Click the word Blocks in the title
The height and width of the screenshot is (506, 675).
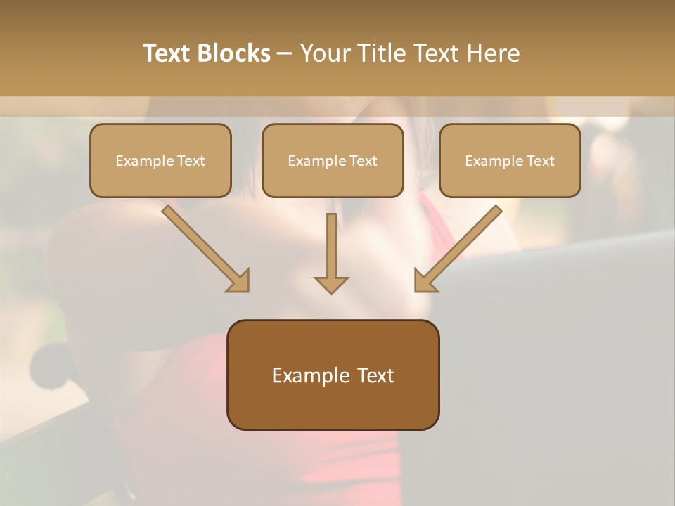point(233,53)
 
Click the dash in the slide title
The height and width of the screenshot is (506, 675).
point(285,54)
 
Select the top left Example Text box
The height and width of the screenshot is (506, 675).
point(160,161)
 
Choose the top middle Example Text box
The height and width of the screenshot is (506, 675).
point(333,161)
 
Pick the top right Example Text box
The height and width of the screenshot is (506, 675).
point(510,161)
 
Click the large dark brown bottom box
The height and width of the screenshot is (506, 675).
point(333,375)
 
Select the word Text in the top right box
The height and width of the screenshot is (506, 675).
point(541,161)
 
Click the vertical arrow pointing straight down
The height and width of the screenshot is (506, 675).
point(331,253)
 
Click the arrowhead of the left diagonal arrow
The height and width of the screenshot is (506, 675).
point(239,281)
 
